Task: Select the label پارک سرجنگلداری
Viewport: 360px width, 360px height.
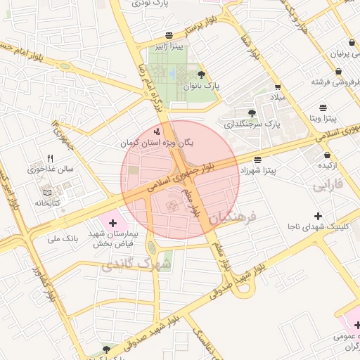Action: click(x=252, y=124)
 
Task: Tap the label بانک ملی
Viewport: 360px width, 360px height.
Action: click(x=63, y=239)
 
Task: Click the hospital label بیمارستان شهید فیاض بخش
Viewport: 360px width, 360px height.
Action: click(x=114, y=237)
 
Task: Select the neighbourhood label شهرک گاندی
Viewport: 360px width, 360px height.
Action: click(x=127, y=264)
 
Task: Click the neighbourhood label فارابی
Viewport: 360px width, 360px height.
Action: click(x=326, y=186)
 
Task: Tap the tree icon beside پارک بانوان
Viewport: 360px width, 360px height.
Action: click(x=202, y=75)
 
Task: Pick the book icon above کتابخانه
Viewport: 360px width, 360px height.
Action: click(x=48, y=193)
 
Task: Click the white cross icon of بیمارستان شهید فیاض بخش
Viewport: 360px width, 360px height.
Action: click(x=113, y=222)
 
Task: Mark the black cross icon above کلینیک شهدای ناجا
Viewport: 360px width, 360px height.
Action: click(x=318, y=215)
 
